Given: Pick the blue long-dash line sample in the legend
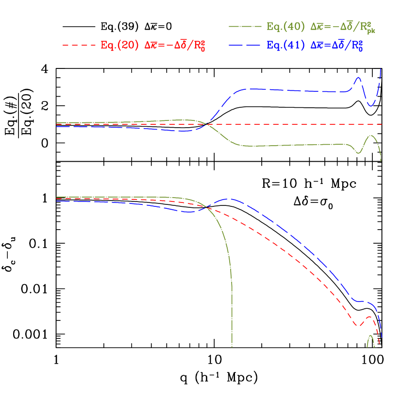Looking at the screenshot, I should click(245, 45).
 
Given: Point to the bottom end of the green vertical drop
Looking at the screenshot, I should click(232, 347).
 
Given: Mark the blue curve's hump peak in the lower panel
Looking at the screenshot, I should click(229, 199).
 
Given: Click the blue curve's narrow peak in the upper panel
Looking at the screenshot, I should click(359, 77).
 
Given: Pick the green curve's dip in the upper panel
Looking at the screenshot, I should click(359, 153).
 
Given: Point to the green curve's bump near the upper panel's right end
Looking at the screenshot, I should click(371, 135).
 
